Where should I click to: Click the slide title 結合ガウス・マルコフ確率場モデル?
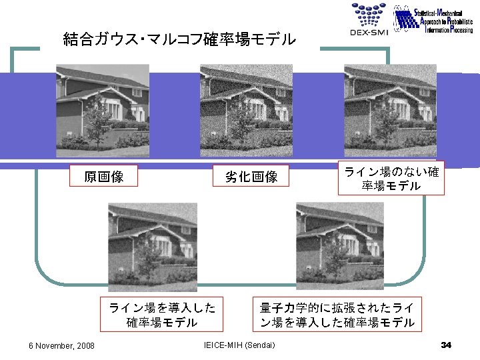pos(179,39)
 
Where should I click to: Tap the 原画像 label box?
pos(103,177)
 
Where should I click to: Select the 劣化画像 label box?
pos(251,177)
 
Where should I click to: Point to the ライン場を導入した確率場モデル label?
pos(162,315)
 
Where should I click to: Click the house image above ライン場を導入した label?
pos(153,247)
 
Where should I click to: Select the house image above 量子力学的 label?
pos(339,247)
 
